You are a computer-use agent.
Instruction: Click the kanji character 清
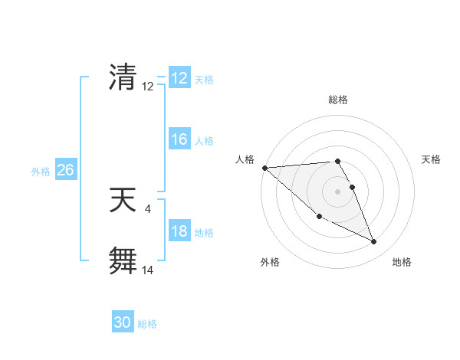tap(123, 77)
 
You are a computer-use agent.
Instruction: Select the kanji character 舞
tap(123, 260)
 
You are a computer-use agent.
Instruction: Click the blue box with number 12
tap(179, 78)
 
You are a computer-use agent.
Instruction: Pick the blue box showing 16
tap(179, 139)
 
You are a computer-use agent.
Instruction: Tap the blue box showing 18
tap(179, 231)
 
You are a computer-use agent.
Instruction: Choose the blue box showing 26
tap(65, 170)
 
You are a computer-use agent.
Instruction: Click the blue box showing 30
tap(123, 322)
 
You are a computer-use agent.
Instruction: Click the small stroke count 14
tap(148, 270)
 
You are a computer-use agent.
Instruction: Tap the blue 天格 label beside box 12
tap(204, 80)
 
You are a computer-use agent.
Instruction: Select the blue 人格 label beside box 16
tap(204, 141)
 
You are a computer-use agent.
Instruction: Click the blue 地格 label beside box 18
tap(204, 233)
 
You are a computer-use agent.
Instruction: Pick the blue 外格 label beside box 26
tap(41, 172)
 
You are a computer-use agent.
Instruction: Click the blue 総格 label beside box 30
tap(147, 324)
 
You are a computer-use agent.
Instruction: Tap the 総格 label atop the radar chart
tap(338, 100)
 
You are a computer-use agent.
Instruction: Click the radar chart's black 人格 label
tap(245, 159)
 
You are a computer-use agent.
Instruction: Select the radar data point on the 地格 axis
tap(374, 242)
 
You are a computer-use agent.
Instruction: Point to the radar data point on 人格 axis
tap(264, 168)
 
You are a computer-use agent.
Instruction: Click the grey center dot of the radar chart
tap(338, 191)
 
